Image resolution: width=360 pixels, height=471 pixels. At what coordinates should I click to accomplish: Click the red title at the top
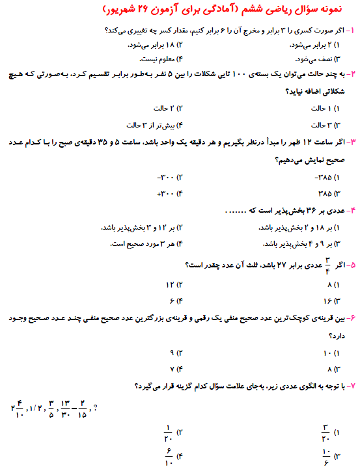tap(180, 11)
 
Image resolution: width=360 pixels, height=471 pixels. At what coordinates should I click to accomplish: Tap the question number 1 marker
tap(350, 31)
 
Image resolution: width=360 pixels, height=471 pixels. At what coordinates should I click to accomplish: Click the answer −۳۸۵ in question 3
tap(325, 176)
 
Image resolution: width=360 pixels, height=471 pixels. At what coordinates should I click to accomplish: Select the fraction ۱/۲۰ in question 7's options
tap(169, 432)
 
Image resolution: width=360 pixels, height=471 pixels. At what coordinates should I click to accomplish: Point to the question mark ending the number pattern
tap(96, 409)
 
